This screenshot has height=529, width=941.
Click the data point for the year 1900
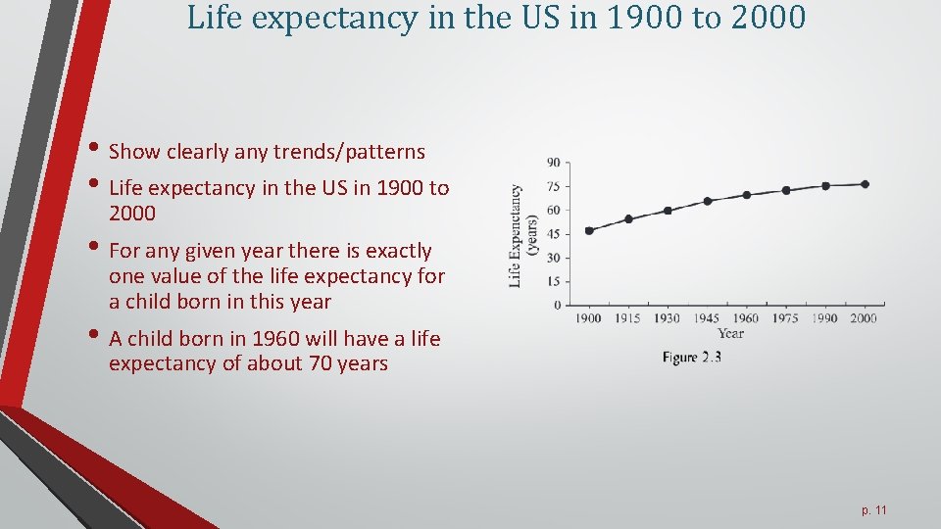(x=589, y=230)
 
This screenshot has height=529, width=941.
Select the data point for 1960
(x=746, y=194)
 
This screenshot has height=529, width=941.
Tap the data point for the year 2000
(x=864, y=184)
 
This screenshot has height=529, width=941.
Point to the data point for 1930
(x=668, y=210)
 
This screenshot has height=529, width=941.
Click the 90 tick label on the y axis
(x=554, y=163)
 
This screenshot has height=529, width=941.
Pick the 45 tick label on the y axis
(x=554, y=234)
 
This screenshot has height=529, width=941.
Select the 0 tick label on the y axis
(x=557, y=305)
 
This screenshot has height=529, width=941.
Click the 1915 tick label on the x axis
(x=627, y=317)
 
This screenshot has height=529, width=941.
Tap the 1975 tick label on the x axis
(x=785, y=317)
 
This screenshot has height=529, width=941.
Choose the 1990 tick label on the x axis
(x=824, y=317)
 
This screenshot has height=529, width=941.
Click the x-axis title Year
(x=730, y=333)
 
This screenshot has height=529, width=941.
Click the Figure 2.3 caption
(x=691, y=358)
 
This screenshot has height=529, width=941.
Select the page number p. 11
(x=874, y=510)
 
